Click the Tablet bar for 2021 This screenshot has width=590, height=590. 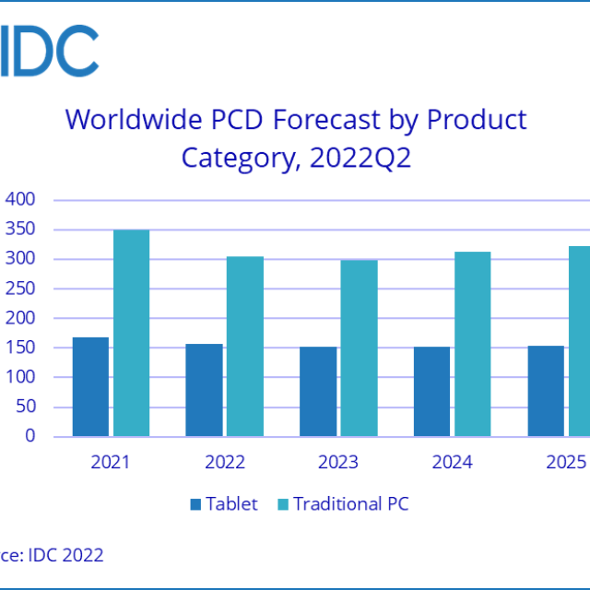pyautogui.click(x=90, y=387)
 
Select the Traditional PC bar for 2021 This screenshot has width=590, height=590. pyautogui.click(x=131, y=333)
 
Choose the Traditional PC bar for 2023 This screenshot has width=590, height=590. pyautogui.click(x=359, y=348)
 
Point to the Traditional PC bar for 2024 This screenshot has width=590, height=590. pyautogui.click(x=472, y=344)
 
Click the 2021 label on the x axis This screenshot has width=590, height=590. pyautogui.click(x=110, y=462)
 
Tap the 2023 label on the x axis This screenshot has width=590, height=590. pyautogui.click(x=337, y=462)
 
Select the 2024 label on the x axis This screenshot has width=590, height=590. pyautogui.click(x=452, y=462)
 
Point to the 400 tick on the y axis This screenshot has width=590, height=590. pyautogui.click(x=20, y=200)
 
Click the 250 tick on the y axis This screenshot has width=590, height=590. pyautogui.click(x=20, y=289)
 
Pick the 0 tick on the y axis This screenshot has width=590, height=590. pyautogui.click(x=29, y=436)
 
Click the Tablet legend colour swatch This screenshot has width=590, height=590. pyautogui.click(x=195, y=504)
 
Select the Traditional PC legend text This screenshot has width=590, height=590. pyautogui.click(x=350, y=504)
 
